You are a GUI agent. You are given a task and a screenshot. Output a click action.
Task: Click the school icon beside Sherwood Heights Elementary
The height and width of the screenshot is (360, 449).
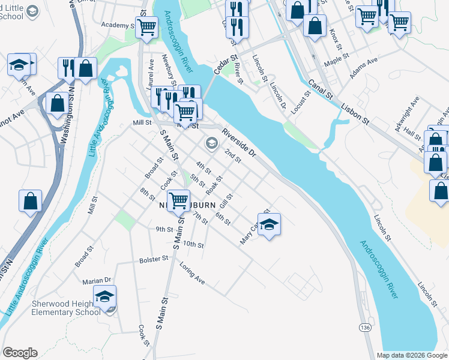pyautogui.click(x=104, y=296)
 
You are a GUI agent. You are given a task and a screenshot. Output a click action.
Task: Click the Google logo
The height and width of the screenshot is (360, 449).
pyautogui.click(x=20, y=353)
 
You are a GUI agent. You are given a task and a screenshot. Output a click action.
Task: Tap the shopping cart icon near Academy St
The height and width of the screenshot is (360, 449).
pyautogui.click(x=146, y=26)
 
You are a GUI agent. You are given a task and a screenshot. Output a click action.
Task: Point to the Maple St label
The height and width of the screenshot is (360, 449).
pyautogui.click(x=336, y=60)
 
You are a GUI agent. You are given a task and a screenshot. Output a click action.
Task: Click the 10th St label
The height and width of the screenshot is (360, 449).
pyautogui.click(x=193, y=244)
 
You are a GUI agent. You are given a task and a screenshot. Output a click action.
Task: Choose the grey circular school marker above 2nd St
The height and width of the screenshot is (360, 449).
pyautogui.click(x=211, y=143)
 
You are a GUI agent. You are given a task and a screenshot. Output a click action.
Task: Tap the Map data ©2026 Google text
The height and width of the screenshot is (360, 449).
pyautogui.click(x=411, y=355)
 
